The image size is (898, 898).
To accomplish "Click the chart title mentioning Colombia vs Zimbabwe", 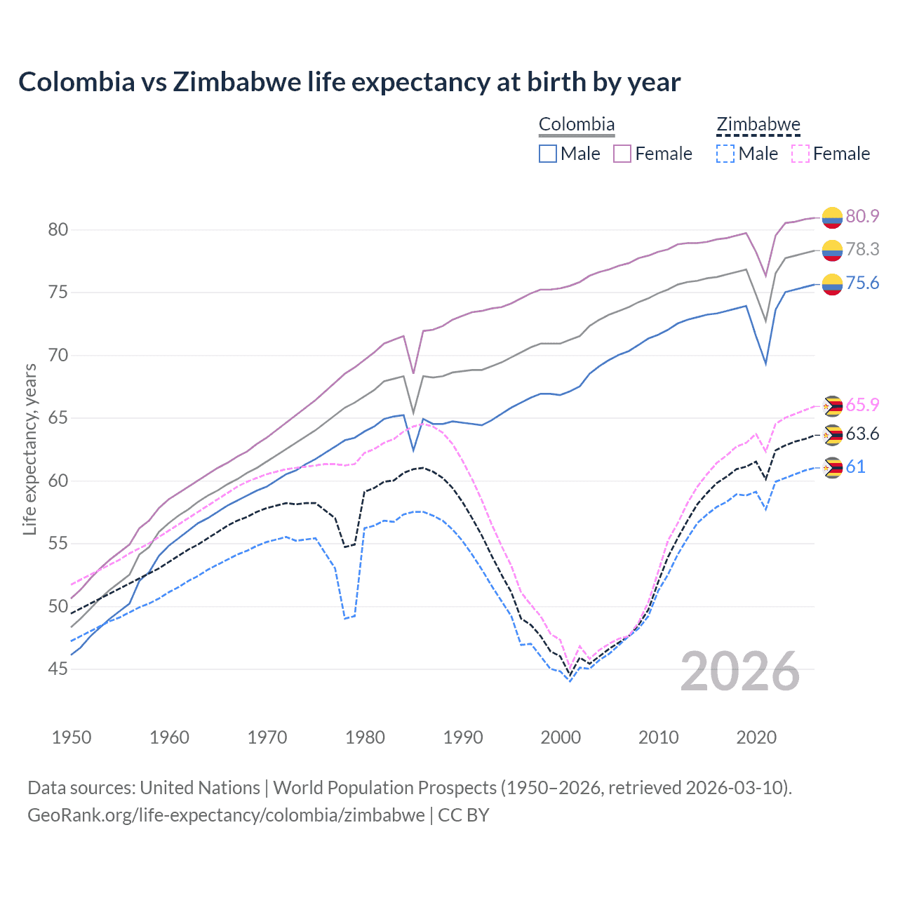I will (x=349, y=82).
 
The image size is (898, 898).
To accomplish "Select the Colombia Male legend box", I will (x=548, y=154).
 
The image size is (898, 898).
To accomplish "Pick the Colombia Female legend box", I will (x=622, y=154).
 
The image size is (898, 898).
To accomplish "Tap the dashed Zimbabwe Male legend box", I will (x=725, y=154).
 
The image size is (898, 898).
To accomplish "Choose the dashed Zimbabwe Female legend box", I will (x=800, y=154).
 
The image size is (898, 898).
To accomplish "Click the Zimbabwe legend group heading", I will (x=758, y=125).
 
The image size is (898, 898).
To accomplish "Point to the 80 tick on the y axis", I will (x=58, y=229).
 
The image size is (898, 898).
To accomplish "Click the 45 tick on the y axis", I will (x=58, y=669).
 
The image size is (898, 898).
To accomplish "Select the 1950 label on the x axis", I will (x=72, y=737).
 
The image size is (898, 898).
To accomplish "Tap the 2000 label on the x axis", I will (x=561, y=737).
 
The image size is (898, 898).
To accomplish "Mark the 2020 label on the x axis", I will (x=756, y=737).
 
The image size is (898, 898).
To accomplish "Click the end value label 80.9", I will (x=862, y=216).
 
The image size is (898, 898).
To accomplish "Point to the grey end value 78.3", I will (x=862, y=250).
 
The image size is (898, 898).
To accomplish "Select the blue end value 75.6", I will (x=862, y=283).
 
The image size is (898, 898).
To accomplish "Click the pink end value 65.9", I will (x=862, y=405).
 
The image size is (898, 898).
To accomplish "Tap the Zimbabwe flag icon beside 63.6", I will (x=833, y=435).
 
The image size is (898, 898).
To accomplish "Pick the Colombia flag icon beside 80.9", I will (x=832, y=217).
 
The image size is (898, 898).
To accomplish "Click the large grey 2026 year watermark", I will (x=740, y=671).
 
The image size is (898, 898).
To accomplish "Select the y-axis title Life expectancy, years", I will (x=30, y=449).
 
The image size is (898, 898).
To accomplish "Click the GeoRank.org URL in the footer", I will (x=226, y=815).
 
